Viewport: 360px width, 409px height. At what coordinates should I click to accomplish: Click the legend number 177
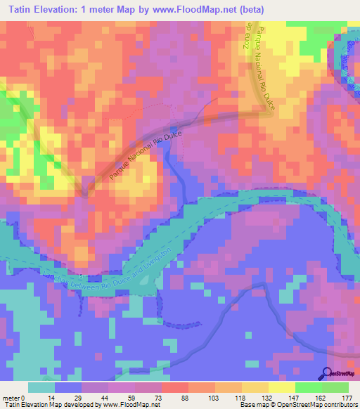347,397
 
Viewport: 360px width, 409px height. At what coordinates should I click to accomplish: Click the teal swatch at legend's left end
41,387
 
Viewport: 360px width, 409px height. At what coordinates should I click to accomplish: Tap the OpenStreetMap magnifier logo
327,374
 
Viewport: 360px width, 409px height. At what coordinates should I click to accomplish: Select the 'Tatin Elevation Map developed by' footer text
51,405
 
